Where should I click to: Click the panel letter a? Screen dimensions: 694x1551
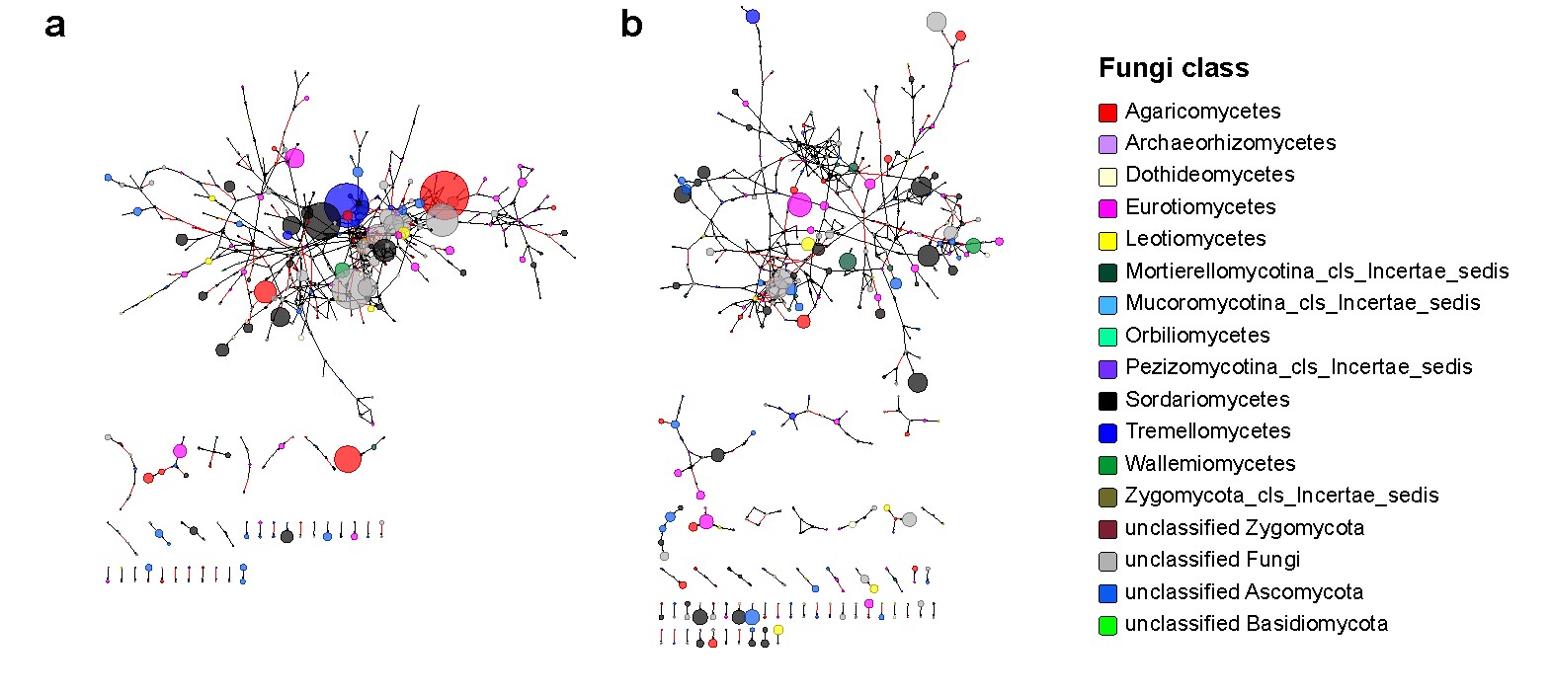pos(55,25)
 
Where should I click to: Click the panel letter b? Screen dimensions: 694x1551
pos(631,24)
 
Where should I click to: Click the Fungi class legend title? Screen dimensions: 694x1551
pos(1174,68)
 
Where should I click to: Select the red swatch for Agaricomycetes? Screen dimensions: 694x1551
pos(1108,113)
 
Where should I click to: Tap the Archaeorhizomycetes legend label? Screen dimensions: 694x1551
pos(1230,143)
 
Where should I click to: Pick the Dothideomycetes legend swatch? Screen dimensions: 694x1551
pos(1108,177)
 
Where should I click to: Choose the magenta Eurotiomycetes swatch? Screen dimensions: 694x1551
pos(1108,208)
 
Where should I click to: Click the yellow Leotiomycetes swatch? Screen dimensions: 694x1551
pos(1108,240)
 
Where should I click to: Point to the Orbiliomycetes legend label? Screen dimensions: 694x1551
pos(1197,336)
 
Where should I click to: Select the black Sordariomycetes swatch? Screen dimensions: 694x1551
pos(1108,401)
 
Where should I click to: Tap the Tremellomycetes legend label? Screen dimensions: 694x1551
pos(1207,431)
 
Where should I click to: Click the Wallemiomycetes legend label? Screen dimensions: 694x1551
pos(1210,464)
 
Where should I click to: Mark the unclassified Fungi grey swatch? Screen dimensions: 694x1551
pos(1108,561)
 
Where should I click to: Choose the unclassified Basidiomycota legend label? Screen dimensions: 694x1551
pos(1256,624)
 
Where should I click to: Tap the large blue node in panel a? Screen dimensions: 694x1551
pos(347,204)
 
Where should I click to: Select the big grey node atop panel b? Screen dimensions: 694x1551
pos(937,22)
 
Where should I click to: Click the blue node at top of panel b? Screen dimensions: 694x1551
pos(753,17)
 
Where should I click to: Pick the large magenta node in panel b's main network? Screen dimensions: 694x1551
pos(799,205)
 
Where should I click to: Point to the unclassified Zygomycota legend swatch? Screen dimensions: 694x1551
pos(1108,529)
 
